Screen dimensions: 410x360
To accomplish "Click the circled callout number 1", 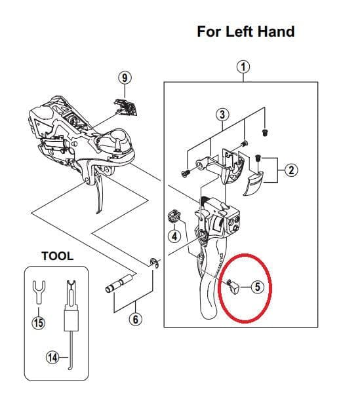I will [x=243, y=66].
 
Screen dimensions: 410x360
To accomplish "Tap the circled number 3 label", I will [x=222, y=114].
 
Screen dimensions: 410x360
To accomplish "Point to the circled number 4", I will [x=174, y=235].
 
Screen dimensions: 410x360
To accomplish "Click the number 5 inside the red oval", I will [x=257, y=286].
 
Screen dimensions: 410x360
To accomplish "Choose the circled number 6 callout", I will [x=136, y=320].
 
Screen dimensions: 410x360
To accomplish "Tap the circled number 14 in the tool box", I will [x=52, y=357].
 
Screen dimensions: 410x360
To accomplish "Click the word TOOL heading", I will [x=57, y=255].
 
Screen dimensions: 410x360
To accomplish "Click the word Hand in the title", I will [x=275, y=31].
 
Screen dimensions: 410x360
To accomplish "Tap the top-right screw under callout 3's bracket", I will [x=265, y=131].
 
